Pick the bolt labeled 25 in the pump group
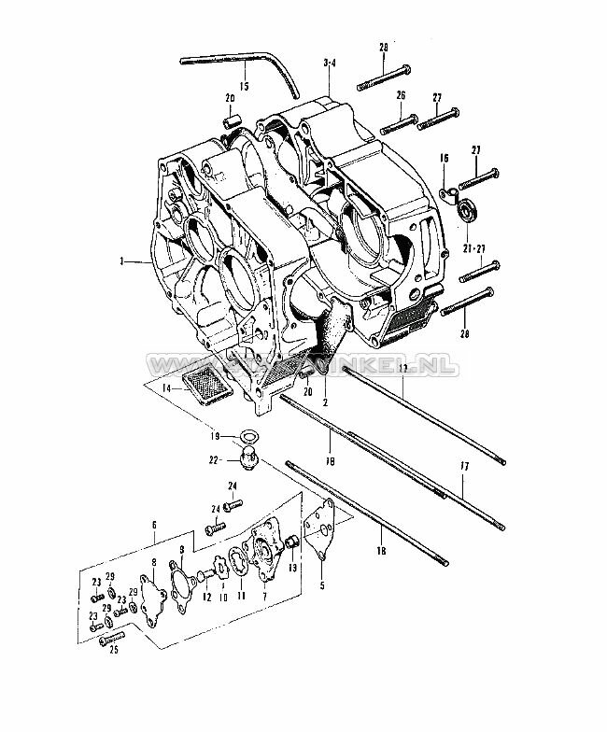(x=110, y=639)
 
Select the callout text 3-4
(x=329, y=63)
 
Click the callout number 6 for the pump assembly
(x=155, y=527)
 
